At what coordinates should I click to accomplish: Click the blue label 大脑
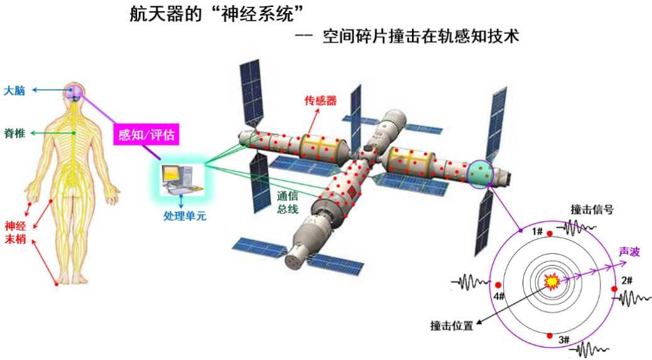point(14,91)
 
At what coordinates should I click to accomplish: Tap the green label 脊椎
point(15,133)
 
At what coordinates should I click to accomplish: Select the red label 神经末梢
point(16,232)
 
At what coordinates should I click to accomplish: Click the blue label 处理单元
point(185,216)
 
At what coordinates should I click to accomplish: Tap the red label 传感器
point(320,101)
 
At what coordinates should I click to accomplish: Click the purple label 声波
point(629,251)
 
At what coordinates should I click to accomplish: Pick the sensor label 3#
point(563,340)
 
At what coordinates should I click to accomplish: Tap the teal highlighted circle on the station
point(481,174)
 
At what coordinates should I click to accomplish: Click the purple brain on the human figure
point(74,93)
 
